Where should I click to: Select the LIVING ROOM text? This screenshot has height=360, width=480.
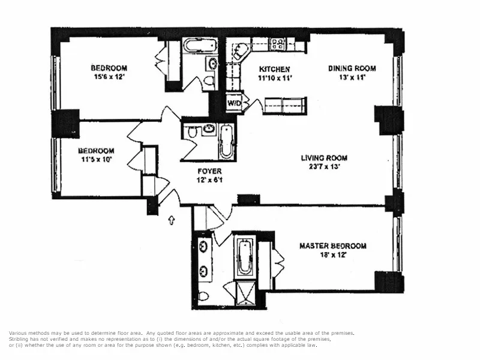pos(324,158)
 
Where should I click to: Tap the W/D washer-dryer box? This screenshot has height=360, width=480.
pos(233,103)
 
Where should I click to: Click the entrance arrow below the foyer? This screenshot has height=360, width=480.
pos(172,220)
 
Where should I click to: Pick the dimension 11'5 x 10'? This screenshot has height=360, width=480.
pos(95,160)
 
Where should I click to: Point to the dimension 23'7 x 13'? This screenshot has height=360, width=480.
pos(324,167)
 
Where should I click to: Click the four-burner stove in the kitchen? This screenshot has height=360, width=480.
pos(277,43)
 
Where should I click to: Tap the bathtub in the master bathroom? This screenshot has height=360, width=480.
pos(244,257)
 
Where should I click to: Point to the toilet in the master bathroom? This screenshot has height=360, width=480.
pos(203,296)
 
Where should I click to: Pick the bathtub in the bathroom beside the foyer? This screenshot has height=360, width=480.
pos(226,142)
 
